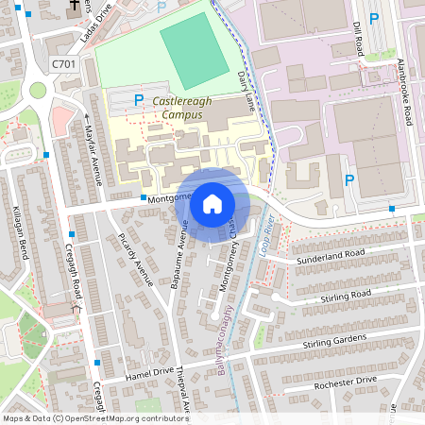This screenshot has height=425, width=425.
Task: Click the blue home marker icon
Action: coord(212,204)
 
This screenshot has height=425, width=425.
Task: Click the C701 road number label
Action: coord(63,64)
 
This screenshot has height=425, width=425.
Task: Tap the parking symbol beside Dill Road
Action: coord(374,18)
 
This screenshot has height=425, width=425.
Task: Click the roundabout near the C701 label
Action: coord(39,91)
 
